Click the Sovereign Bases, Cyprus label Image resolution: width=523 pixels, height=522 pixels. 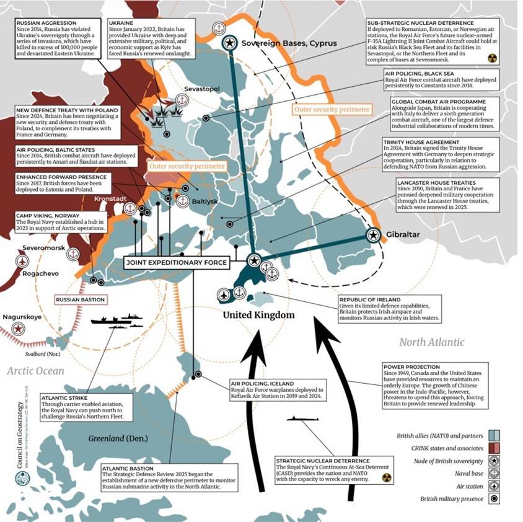[x=289, y=43]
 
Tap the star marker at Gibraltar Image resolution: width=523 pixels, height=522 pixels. [x=373, y=235]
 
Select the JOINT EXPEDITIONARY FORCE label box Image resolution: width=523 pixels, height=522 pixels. [x=177, y=263]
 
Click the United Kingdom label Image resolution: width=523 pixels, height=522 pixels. [x=258, y=316]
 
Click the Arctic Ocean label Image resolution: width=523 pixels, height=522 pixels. [x=35, y=371]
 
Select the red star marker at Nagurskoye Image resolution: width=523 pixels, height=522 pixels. [x=20, y=329]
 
